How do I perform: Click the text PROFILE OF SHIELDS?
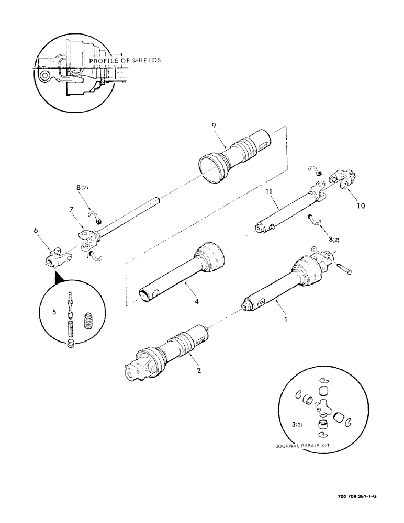point(125,61)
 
